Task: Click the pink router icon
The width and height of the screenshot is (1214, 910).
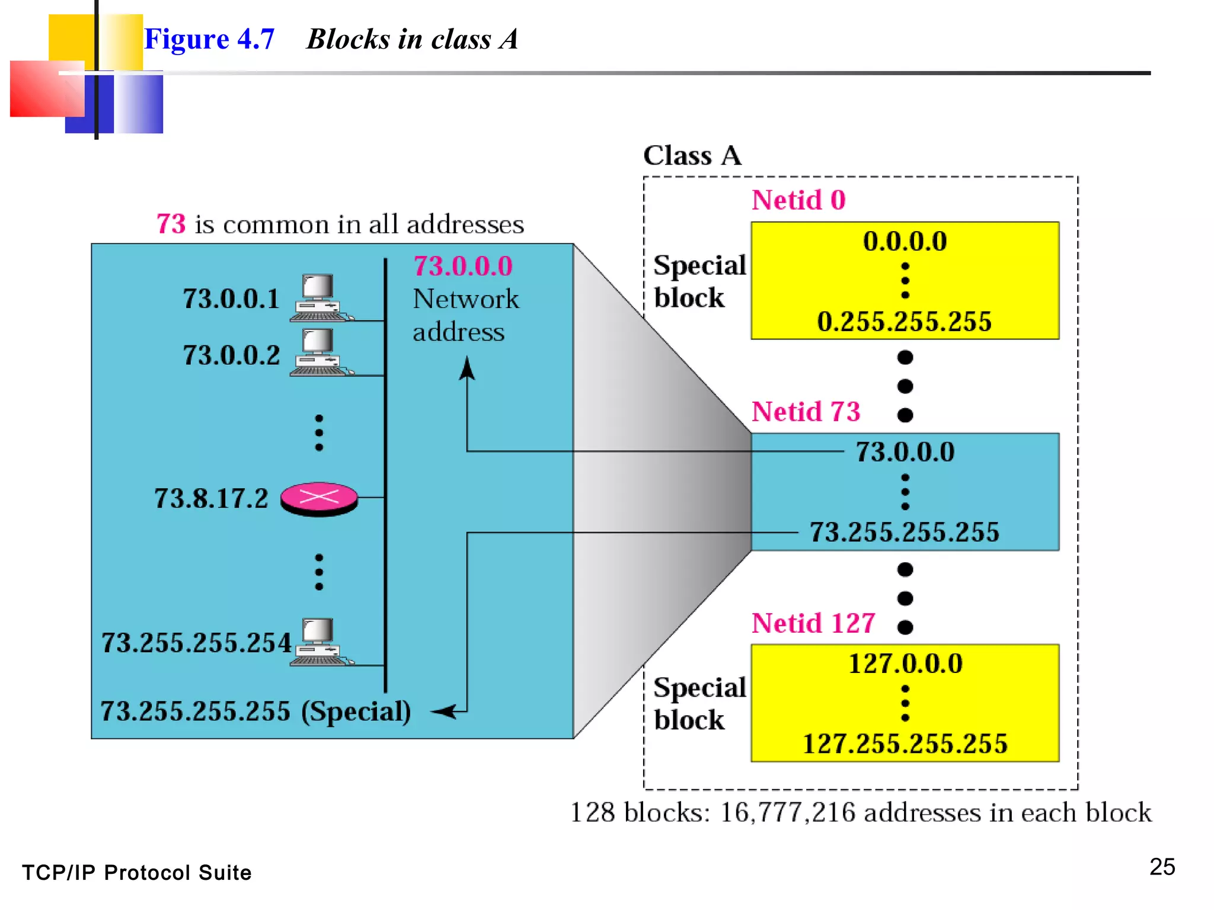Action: coord(319,498)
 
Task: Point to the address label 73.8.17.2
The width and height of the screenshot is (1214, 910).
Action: coord(211,498)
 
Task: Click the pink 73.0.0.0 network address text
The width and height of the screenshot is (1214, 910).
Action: coord(463,266)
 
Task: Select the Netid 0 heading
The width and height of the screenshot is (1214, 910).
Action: coord(798,200)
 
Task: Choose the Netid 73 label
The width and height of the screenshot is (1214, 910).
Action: coord(806,411)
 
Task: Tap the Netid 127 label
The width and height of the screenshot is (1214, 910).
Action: coord(813,623)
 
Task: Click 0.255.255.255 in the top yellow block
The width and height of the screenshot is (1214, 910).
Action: coord(904,322)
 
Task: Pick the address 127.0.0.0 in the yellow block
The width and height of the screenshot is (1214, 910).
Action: coord(905,663)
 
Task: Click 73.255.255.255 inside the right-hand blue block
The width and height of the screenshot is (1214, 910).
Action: coord(904,531)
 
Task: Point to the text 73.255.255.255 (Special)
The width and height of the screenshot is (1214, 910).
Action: coord(255,710)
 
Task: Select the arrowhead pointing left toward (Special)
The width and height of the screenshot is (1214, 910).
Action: coord(443,711)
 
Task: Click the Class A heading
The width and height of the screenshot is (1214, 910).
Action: coord(692,155)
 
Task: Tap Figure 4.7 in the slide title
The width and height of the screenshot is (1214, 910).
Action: coord(209,39)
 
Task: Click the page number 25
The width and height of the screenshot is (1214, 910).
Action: coord(1162,866)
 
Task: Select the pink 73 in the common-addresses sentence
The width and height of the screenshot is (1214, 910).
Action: coord(171,224)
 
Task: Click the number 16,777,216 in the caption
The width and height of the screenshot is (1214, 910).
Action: coord(787,812)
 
